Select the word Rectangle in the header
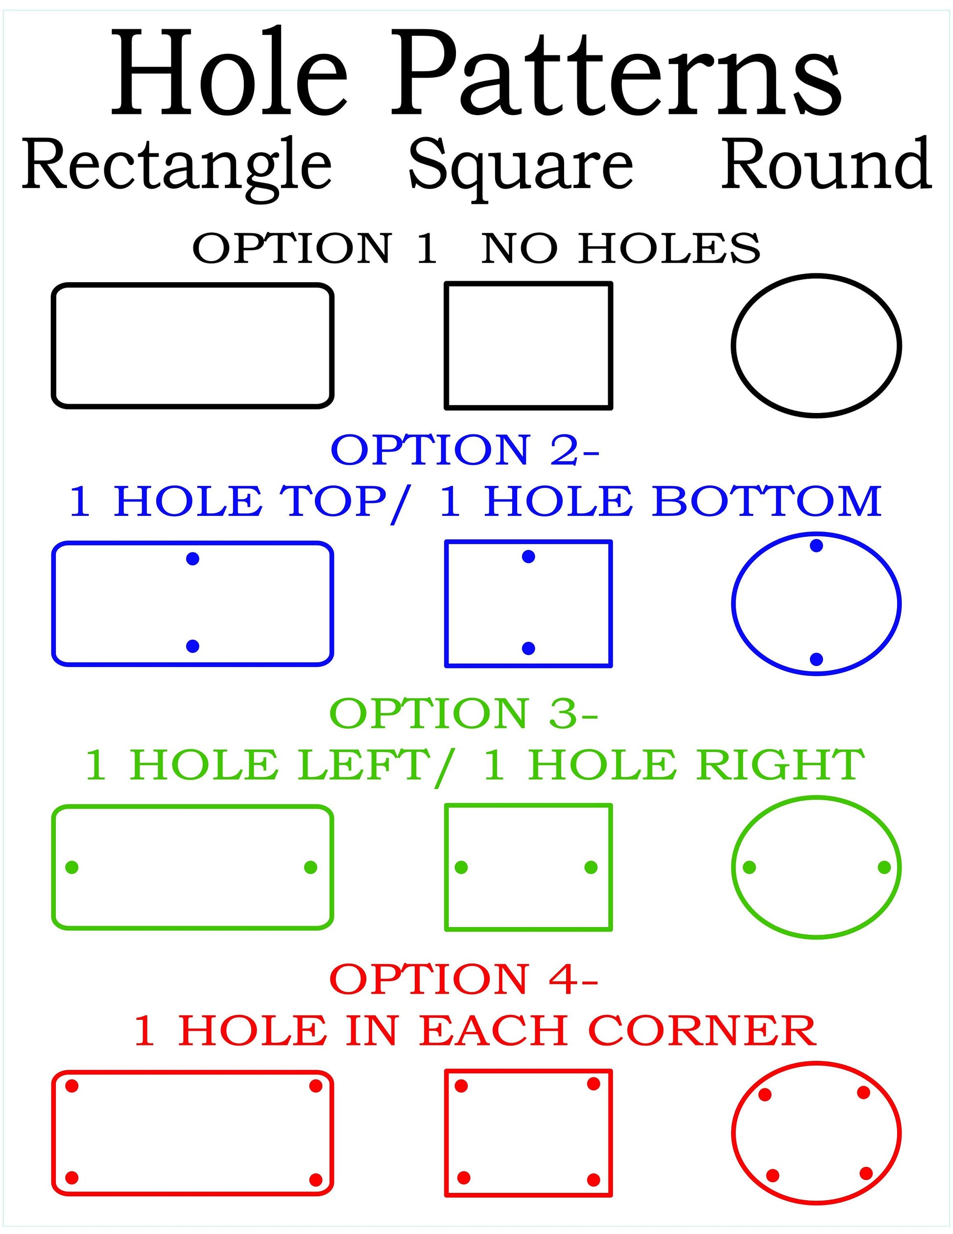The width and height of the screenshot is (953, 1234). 176,165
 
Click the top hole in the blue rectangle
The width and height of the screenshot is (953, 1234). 192,559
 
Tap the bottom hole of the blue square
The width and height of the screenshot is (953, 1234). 529,648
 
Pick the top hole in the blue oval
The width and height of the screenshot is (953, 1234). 816,546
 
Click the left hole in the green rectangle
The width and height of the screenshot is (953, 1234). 71,867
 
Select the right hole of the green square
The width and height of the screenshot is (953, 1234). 591,867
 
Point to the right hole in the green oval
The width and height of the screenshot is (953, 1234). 884,867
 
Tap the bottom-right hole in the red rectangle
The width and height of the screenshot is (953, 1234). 316,1179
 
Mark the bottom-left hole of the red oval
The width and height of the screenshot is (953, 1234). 773,1175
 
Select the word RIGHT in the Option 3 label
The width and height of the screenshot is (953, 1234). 780,766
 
